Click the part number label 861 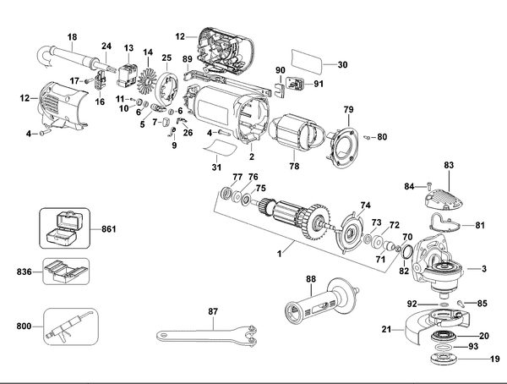107,228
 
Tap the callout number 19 494,359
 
